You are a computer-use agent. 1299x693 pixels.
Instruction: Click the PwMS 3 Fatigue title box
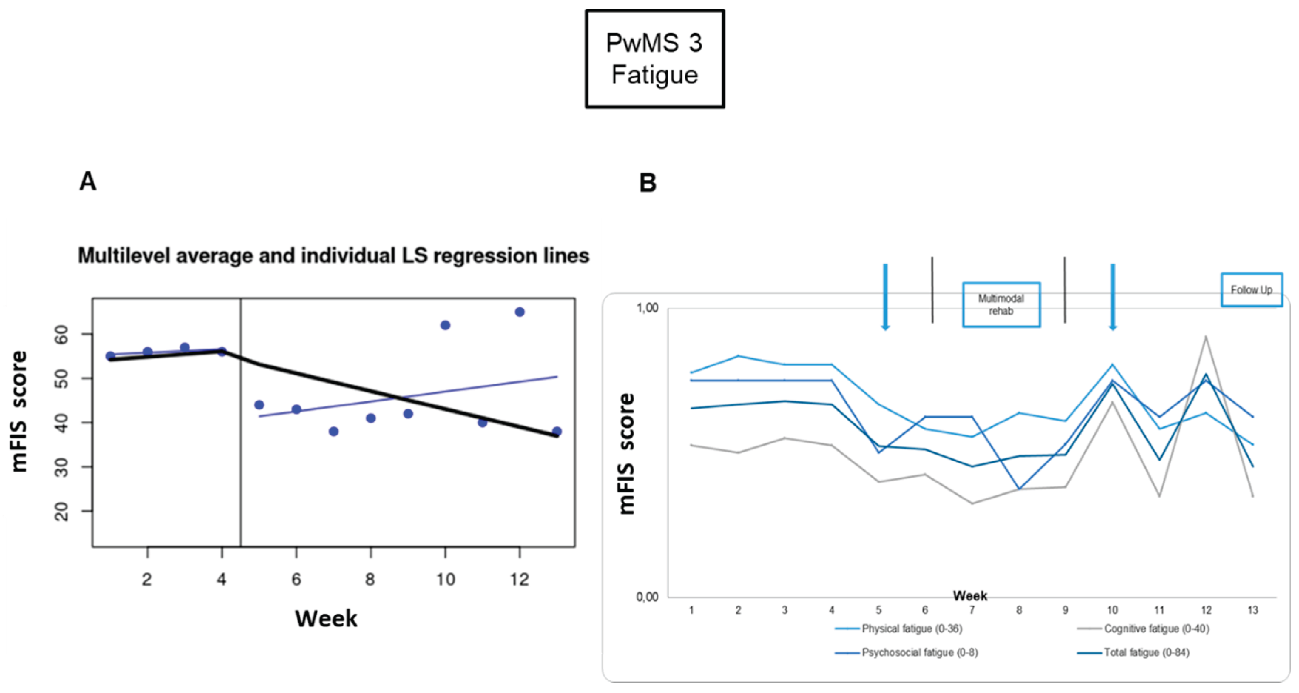click(x=655, y=58)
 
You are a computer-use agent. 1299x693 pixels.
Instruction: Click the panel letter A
click(x=88, y=181)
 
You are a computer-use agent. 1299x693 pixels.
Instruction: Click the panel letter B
click(x=648, y=183)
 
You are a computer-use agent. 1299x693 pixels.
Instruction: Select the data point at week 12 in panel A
click(x=519, y=312)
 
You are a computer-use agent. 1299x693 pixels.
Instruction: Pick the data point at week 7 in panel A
click(x=333, y=432)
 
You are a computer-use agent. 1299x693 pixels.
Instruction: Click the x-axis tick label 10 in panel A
click(x=445, y=579)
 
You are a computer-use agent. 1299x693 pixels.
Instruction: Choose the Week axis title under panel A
click(x=326, y=618)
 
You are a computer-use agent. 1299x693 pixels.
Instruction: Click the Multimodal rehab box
click(x=1001, y=304)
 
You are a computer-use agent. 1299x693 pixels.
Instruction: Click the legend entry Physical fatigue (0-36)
click(x=912, y=628)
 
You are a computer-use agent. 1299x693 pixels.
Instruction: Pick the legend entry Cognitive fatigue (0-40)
click(x=1156, y=628)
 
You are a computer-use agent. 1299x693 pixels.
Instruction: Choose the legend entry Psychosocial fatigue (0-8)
click(x=919, y=652)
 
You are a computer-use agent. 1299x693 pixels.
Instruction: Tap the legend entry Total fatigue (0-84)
click(x=1146, y=652)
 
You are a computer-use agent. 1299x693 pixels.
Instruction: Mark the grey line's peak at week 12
click(x=1206, y=336)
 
